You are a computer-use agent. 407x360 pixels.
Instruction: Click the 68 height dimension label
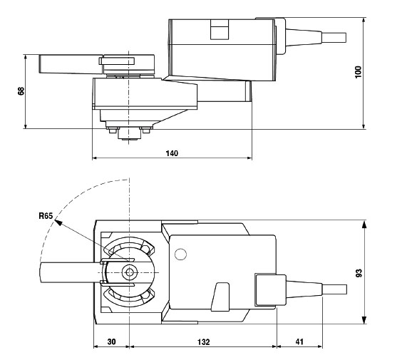pyautogui.click(x=12, y=91)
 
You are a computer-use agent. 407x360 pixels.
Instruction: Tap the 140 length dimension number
pyautogui.click(x=172, y=153)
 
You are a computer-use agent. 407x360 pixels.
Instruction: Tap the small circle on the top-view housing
pyautogui.click(x=181, y=254)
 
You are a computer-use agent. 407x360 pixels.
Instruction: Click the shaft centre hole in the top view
pyautogui.click(x=130, y=272)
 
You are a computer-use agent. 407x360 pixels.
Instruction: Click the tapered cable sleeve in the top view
pyautogui.click(x=299, y=289)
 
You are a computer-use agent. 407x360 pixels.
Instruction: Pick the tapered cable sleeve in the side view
pyautogui.click(x=301, y=37)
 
